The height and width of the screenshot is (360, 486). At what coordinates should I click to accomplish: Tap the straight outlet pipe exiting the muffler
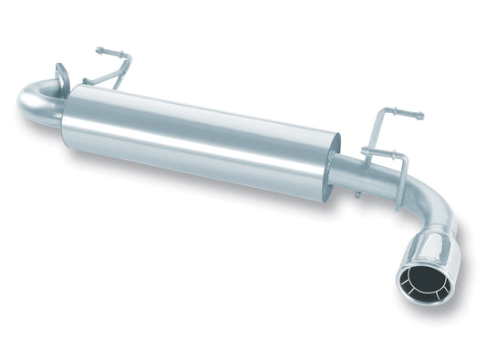tap(356, 175)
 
